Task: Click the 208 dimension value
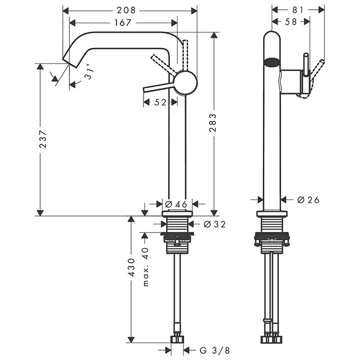pyautogui.click(x=126, y=10)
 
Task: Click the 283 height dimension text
pyautogui.click(x=213, y=122)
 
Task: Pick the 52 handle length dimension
pyautogui.click(x=160, y=102)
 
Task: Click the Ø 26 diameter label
pyautogui.click(x=308, y=200)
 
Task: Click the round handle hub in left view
pyautogui.click(x=185, y=83)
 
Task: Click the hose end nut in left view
pyautogui.click(x=178, y=340)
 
